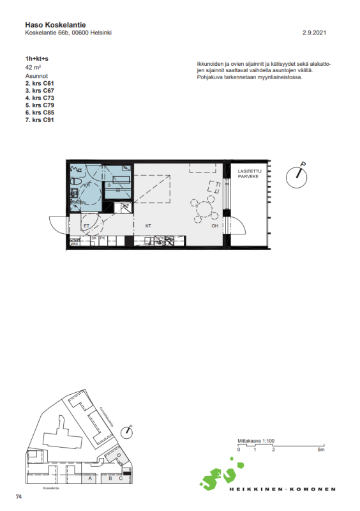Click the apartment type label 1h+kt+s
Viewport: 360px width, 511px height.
(37, 59)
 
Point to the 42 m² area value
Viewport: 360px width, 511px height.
(33, 66)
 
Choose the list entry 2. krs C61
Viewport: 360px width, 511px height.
(40, 83)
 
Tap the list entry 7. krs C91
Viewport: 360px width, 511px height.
(40, 119)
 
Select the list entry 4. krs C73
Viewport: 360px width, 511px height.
(40, 98)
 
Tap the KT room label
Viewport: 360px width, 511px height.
(148, 226)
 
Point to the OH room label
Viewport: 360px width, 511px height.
(215, 226)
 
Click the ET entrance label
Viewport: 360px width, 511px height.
(86, 226)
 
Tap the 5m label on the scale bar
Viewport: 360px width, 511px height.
(322, 450)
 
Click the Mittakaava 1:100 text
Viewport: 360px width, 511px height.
(255, 441)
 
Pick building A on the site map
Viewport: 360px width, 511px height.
(91, 478)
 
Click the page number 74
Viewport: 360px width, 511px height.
(19, 496)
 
